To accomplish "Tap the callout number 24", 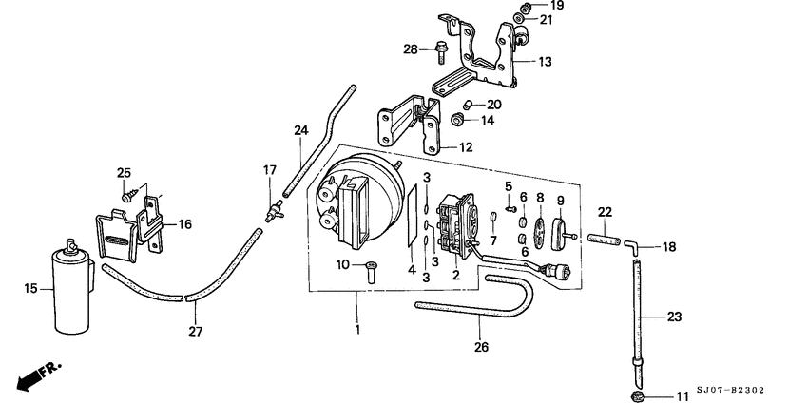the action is coord(301,131).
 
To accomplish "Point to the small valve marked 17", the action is coord(272,212).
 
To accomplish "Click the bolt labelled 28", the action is coord(441,52).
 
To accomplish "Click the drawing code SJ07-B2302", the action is coord(730,390).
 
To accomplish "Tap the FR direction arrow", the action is coord(38,375).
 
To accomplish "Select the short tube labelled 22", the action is coord(603,240).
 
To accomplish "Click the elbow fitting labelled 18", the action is coord(632,247).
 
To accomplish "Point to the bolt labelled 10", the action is coord(371,271).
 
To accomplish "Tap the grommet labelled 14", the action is coord(456,120).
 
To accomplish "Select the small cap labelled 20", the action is coord(468,105).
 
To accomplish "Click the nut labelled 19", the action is coord(526,7).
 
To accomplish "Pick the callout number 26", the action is coord(481,347).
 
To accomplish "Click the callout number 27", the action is coord(195,332).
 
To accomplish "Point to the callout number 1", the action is coord(357,329).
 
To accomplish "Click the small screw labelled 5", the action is coord(510,209).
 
